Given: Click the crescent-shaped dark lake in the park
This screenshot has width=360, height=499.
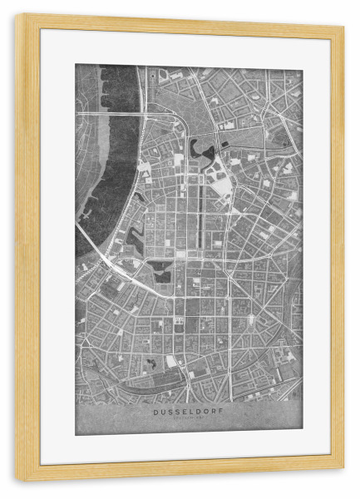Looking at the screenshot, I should pos(200,151).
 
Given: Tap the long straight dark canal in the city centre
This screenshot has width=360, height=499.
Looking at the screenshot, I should pos(199,216).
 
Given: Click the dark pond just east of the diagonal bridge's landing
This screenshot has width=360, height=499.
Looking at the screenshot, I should pos(161,270).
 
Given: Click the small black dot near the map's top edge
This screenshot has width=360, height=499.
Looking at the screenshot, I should pos(152,72).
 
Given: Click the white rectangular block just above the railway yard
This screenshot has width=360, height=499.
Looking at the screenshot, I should pos(171,362).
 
